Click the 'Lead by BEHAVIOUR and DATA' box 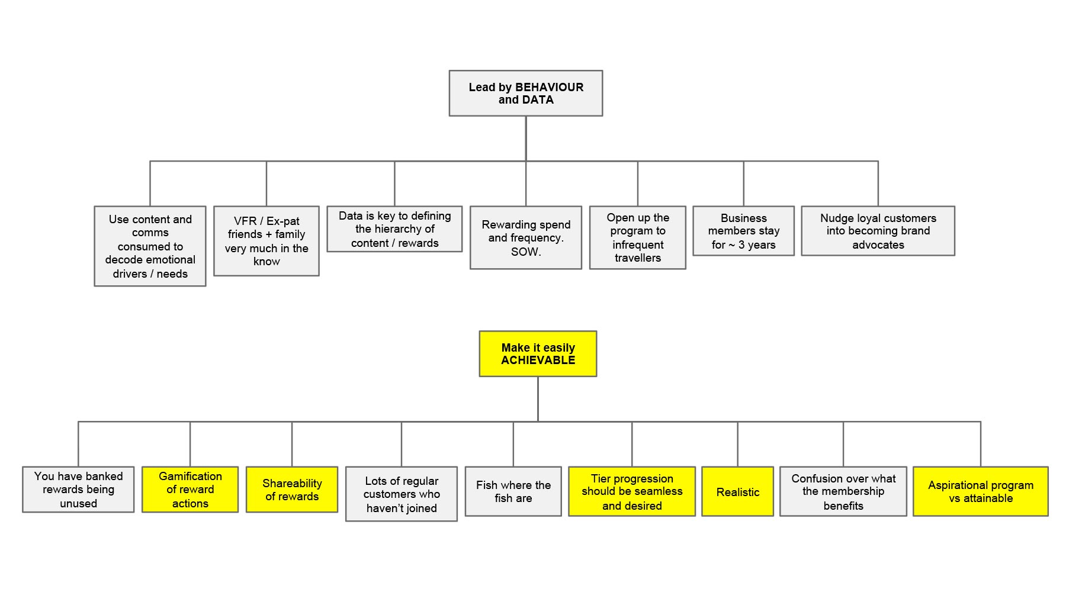coord(525,94)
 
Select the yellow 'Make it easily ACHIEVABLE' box coord(538,353)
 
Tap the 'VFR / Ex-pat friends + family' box coord(266,241)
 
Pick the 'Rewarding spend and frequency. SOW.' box coord(526,237)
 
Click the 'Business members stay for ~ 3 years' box coord(743,231)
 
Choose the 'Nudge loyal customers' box coord(878,231)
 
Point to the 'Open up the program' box coord(638,237)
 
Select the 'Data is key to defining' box coord(394,229)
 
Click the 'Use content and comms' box coord(150,246)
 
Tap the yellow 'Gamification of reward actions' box coord(190,490)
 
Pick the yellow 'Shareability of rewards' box coord(292,490)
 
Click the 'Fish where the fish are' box coord(513,491)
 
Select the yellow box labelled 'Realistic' coord(737,491)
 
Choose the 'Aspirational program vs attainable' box coord(980,491)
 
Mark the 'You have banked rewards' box coord(78,490)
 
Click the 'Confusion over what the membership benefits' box coord(843,491)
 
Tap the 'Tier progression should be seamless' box coord(632,491)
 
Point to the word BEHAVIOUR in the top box coord(549,87)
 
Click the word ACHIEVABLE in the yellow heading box coord(538,360)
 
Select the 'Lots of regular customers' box coord(402,494)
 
